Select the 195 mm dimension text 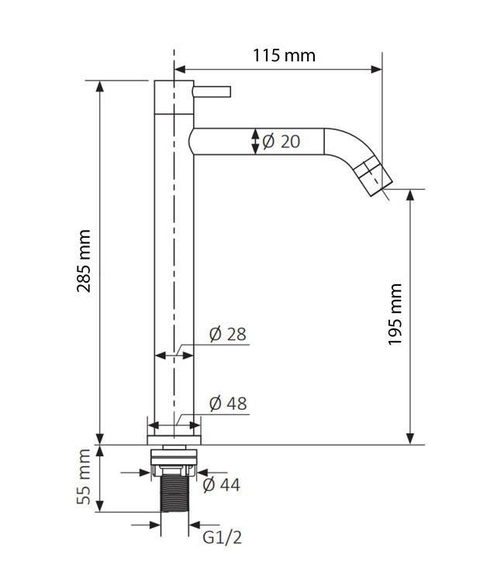(x=395, y=315)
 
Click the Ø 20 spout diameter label (x=281, y=141)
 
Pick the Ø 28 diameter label (x=227, y=334)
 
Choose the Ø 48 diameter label (x=228, y=404)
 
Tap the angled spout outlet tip (x=377, y=177)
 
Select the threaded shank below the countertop (x=174, y=496)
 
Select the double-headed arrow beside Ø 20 (x=256, y=141)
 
